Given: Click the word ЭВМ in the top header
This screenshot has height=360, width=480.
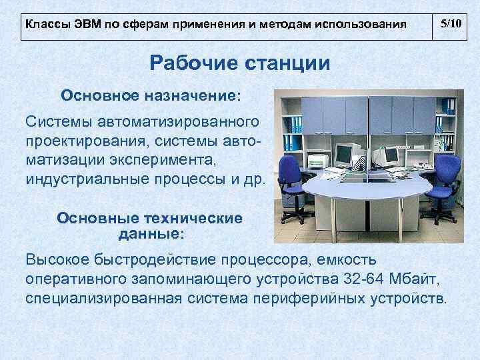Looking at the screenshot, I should [x=83, y=25].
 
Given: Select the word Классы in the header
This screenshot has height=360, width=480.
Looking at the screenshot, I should [x=45, y=25].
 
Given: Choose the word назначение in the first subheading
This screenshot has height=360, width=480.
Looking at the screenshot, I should [x=190, y=95].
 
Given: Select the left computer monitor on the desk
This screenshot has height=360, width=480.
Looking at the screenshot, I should [x=344, y=155].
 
